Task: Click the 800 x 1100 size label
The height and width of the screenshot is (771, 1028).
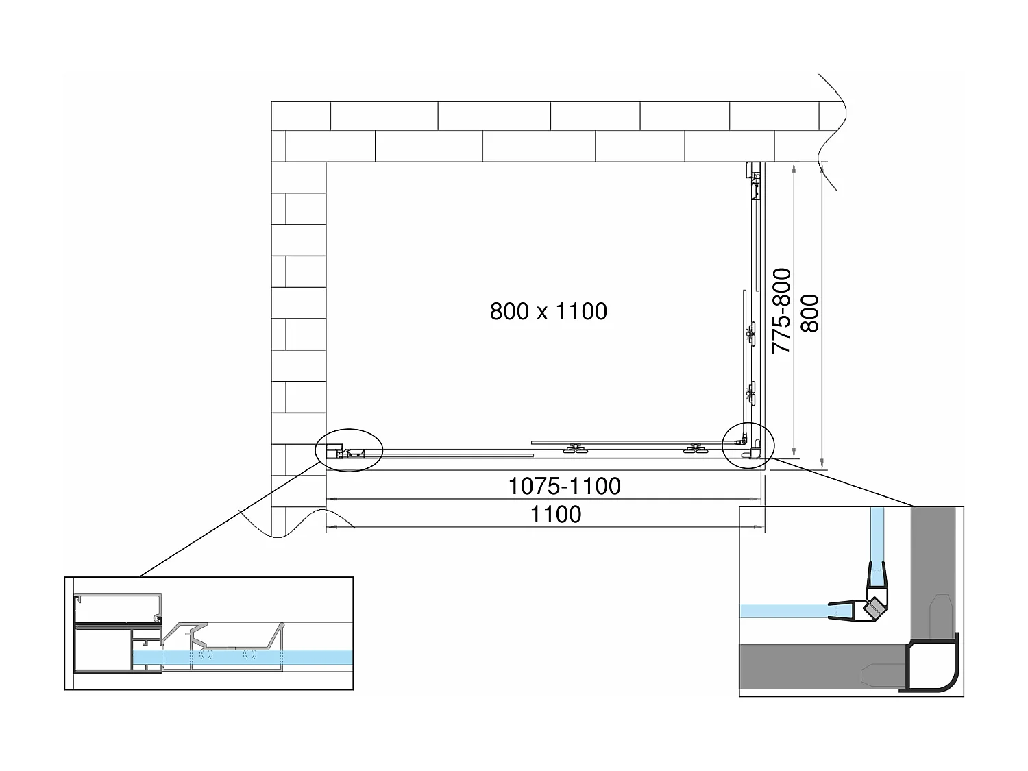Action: pos(548,311)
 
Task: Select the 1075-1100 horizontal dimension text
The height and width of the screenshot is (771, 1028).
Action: pos(564,486)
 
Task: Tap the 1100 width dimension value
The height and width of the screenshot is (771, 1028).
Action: pos(556,514)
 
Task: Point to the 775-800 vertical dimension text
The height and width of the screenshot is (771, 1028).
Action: pos(782,310)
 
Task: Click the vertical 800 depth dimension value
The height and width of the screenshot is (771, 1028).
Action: pos(810,313)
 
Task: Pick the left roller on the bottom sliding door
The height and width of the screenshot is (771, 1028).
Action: pos(574,449)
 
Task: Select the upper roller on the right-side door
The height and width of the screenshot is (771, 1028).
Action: pos(751,335)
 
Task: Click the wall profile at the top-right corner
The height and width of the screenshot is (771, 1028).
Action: pos(755,171)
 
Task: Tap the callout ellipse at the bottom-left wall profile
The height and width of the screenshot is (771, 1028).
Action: pos(349,450)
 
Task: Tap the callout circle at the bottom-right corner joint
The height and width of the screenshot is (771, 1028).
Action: pos(748,445)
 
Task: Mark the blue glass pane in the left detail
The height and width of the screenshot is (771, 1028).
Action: pos(274,657)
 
